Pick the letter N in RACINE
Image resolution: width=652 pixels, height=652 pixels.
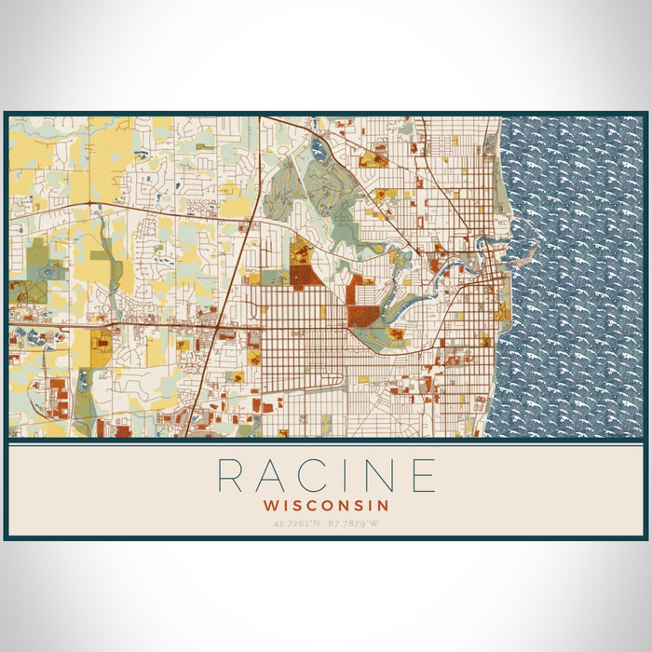tap(383, 475)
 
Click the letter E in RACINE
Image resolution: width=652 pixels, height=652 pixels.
tap(425, 475)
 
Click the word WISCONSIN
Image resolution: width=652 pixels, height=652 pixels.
tap(325, 504)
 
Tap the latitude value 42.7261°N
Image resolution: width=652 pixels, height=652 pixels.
tap(297, 523)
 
